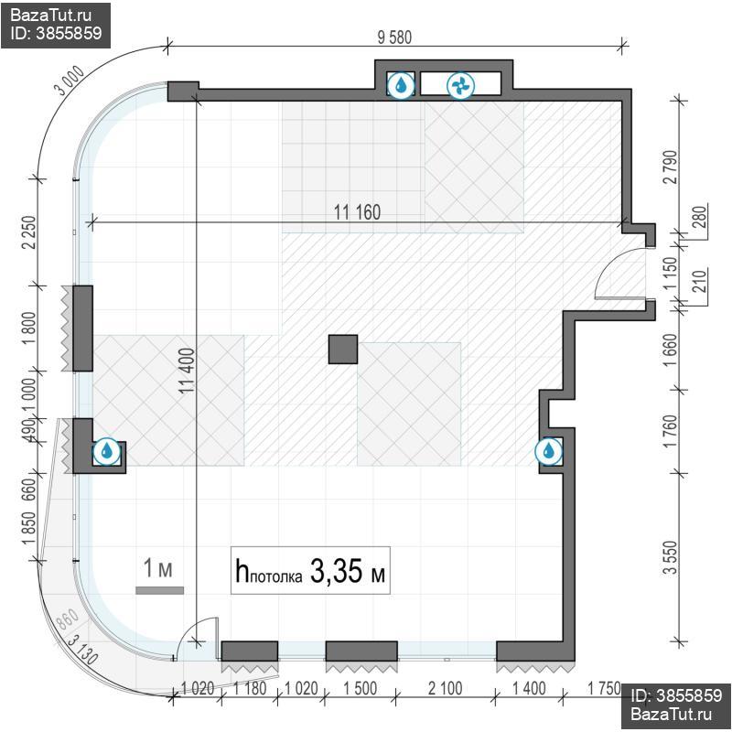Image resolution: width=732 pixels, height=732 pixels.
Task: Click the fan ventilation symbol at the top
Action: click(461, 86)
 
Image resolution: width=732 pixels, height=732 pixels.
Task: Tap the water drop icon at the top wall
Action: click(401, 85)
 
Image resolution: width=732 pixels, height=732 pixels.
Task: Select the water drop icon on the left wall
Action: click(107, 451)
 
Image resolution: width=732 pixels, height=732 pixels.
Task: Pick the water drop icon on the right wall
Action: click(548, 451)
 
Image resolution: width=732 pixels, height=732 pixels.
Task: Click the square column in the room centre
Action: click(343, 350)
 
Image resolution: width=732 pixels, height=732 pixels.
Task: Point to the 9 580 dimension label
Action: click(395, 38)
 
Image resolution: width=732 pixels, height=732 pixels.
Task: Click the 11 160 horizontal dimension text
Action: click(357, 212)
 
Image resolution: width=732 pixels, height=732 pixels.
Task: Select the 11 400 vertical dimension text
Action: click(188, 371)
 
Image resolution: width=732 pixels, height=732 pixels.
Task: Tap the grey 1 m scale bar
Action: click(159, 590)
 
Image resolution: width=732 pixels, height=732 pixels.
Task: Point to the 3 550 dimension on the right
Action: click(670, 557)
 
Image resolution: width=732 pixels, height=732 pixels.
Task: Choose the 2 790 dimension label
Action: click(670, 167)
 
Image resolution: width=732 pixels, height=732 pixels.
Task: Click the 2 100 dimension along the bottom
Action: click(445, 688)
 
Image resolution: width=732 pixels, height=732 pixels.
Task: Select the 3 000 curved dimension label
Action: click(70, 81)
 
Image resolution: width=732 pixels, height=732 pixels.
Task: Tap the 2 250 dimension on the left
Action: click(28, 232)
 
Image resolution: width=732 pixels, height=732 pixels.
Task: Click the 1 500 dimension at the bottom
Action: click(360, 688)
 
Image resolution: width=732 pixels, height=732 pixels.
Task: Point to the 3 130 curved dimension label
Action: click(82, 650)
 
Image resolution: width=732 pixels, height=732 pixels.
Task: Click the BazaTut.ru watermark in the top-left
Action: click(51, 16)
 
